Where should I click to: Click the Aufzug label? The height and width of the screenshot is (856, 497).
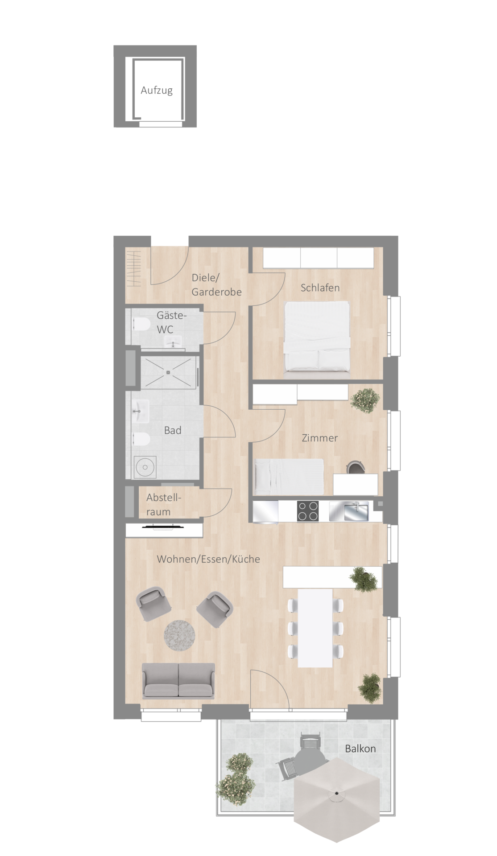[x=157, y=91]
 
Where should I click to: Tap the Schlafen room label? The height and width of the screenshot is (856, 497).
[x=320, y=288]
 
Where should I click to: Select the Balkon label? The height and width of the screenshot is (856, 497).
[x=360, y=749]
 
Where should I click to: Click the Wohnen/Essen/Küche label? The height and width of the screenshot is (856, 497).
[x=208, y=559]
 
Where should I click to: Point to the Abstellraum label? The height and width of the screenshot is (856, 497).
[x=163, y=505]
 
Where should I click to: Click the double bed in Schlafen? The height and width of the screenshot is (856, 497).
[x=317, y=337]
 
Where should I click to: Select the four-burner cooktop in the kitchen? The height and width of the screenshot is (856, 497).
[x=308, y=511]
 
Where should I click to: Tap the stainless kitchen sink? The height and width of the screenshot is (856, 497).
[x=349, y=511]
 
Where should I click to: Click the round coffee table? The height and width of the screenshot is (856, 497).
[x=179, y=635]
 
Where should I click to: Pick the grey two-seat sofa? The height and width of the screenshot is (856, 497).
[x=178, y=681]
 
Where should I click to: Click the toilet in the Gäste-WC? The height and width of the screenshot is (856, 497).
[x=141, y=325]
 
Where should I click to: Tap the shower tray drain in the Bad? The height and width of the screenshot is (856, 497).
[x=169, y=372]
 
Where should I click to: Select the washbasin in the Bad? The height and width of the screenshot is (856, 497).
[x=141, y=411]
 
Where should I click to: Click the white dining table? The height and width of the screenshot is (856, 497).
[x=315, y=628]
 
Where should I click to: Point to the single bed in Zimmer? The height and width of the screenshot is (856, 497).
[x=289, y=477]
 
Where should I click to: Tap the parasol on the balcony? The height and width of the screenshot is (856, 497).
[x=337, y=794]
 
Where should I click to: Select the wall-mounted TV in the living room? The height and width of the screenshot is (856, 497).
[x=163, y=527]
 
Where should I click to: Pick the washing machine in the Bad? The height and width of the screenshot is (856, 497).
[x=145, y=467]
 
